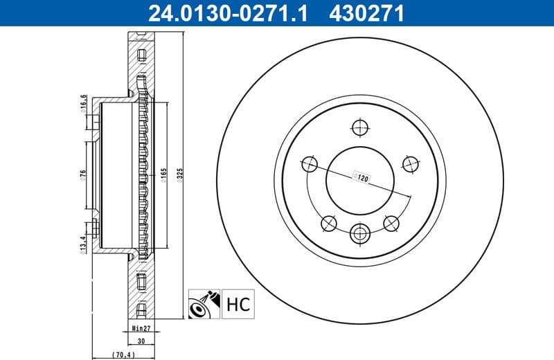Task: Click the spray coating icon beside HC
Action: [204, 303]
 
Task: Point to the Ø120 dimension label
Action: [360, 177]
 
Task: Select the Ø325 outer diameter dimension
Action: [179, 177]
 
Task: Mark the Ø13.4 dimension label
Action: [82, 244]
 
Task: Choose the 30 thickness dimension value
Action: [141, 341]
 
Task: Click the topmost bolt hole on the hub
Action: [360, 127]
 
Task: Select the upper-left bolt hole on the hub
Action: [310, 164]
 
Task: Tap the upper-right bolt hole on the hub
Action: [411, 164]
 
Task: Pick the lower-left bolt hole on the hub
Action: [328, 223]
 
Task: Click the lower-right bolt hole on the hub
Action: [391, 223]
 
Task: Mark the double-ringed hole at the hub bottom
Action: [360, 233]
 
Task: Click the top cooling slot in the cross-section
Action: [141, 55]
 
